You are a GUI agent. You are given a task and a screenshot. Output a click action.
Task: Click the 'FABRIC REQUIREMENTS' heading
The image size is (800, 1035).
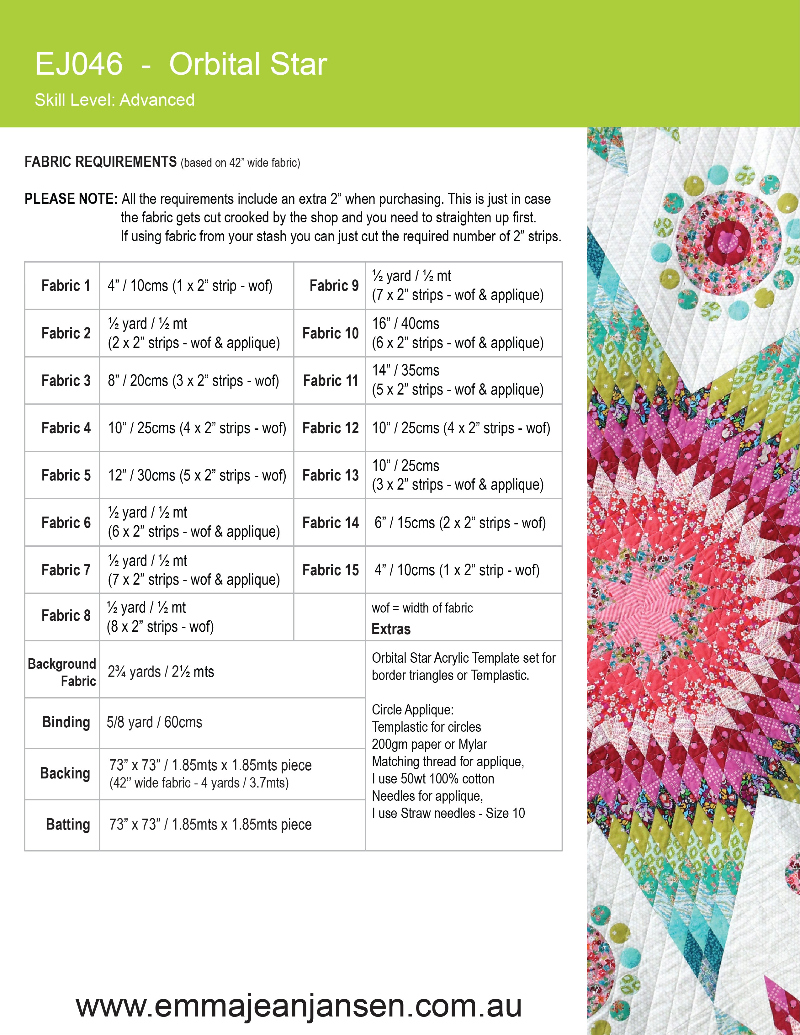(x=100, y=162)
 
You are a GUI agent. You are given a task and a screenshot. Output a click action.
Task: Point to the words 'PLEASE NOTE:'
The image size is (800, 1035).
(x=71, y=199)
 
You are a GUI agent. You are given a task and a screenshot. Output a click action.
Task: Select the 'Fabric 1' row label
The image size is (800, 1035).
(x=66, y=286)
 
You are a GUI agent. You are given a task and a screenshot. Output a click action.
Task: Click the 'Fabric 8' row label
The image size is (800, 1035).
(x=66, y=616)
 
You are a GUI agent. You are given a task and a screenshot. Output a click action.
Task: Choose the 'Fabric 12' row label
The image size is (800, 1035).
(x=330, y=428)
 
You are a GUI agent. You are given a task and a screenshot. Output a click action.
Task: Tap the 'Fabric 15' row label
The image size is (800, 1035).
(x=330, y=570)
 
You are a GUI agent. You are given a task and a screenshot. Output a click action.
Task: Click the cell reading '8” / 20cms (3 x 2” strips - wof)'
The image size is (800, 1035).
(x=193, y=380)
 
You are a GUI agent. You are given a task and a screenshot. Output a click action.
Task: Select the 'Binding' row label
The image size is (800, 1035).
(x=66, y=722)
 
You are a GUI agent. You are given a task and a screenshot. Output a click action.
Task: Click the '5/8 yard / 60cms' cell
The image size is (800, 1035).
(x=155, y=722)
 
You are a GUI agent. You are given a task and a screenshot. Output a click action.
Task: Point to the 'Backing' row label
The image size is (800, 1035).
(x=65, y=773)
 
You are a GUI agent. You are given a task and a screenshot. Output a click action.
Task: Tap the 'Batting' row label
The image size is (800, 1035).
(x=68, y=825)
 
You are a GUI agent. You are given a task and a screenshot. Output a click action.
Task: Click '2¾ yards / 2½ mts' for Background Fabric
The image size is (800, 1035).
(x=161, y=671)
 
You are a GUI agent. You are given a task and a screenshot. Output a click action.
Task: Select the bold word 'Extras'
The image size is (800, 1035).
(x=391, y=629)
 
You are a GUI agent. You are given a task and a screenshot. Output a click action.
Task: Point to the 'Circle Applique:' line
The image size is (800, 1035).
(x=413, y=709)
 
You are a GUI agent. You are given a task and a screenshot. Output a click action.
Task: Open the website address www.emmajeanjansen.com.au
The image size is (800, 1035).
(x=299, y=1005)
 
